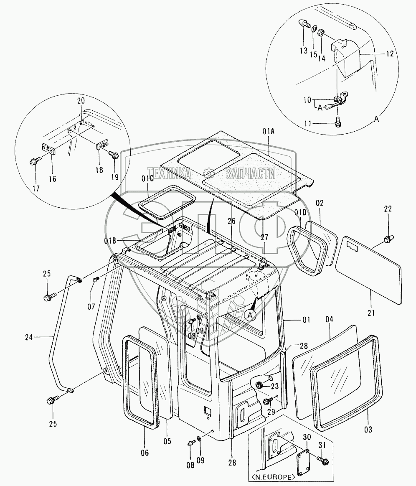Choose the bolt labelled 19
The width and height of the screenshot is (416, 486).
point(113,155)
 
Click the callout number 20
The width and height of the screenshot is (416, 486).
point(81,100)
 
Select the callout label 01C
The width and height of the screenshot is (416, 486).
point(148,179)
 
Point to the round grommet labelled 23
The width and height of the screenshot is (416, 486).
point(259,385)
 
